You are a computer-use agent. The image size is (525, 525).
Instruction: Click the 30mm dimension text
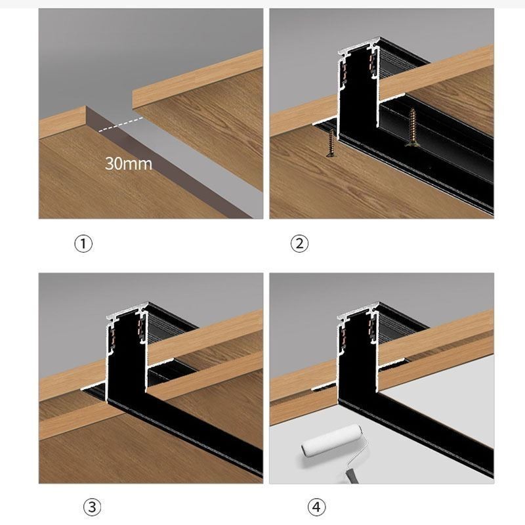[128, 163]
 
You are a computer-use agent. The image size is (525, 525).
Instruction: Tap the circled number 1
[83, 243]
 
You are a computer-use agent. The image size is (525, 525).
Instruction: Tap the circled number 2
[299, 243]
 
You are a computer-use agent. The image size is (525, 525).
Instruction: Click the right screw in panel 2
[413, 127]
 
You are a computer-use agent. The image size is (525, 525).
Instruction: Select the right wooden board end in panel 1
[197, 85]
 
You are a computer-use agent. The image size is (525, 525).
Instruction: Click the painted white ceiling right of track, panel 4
[446, 407]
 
